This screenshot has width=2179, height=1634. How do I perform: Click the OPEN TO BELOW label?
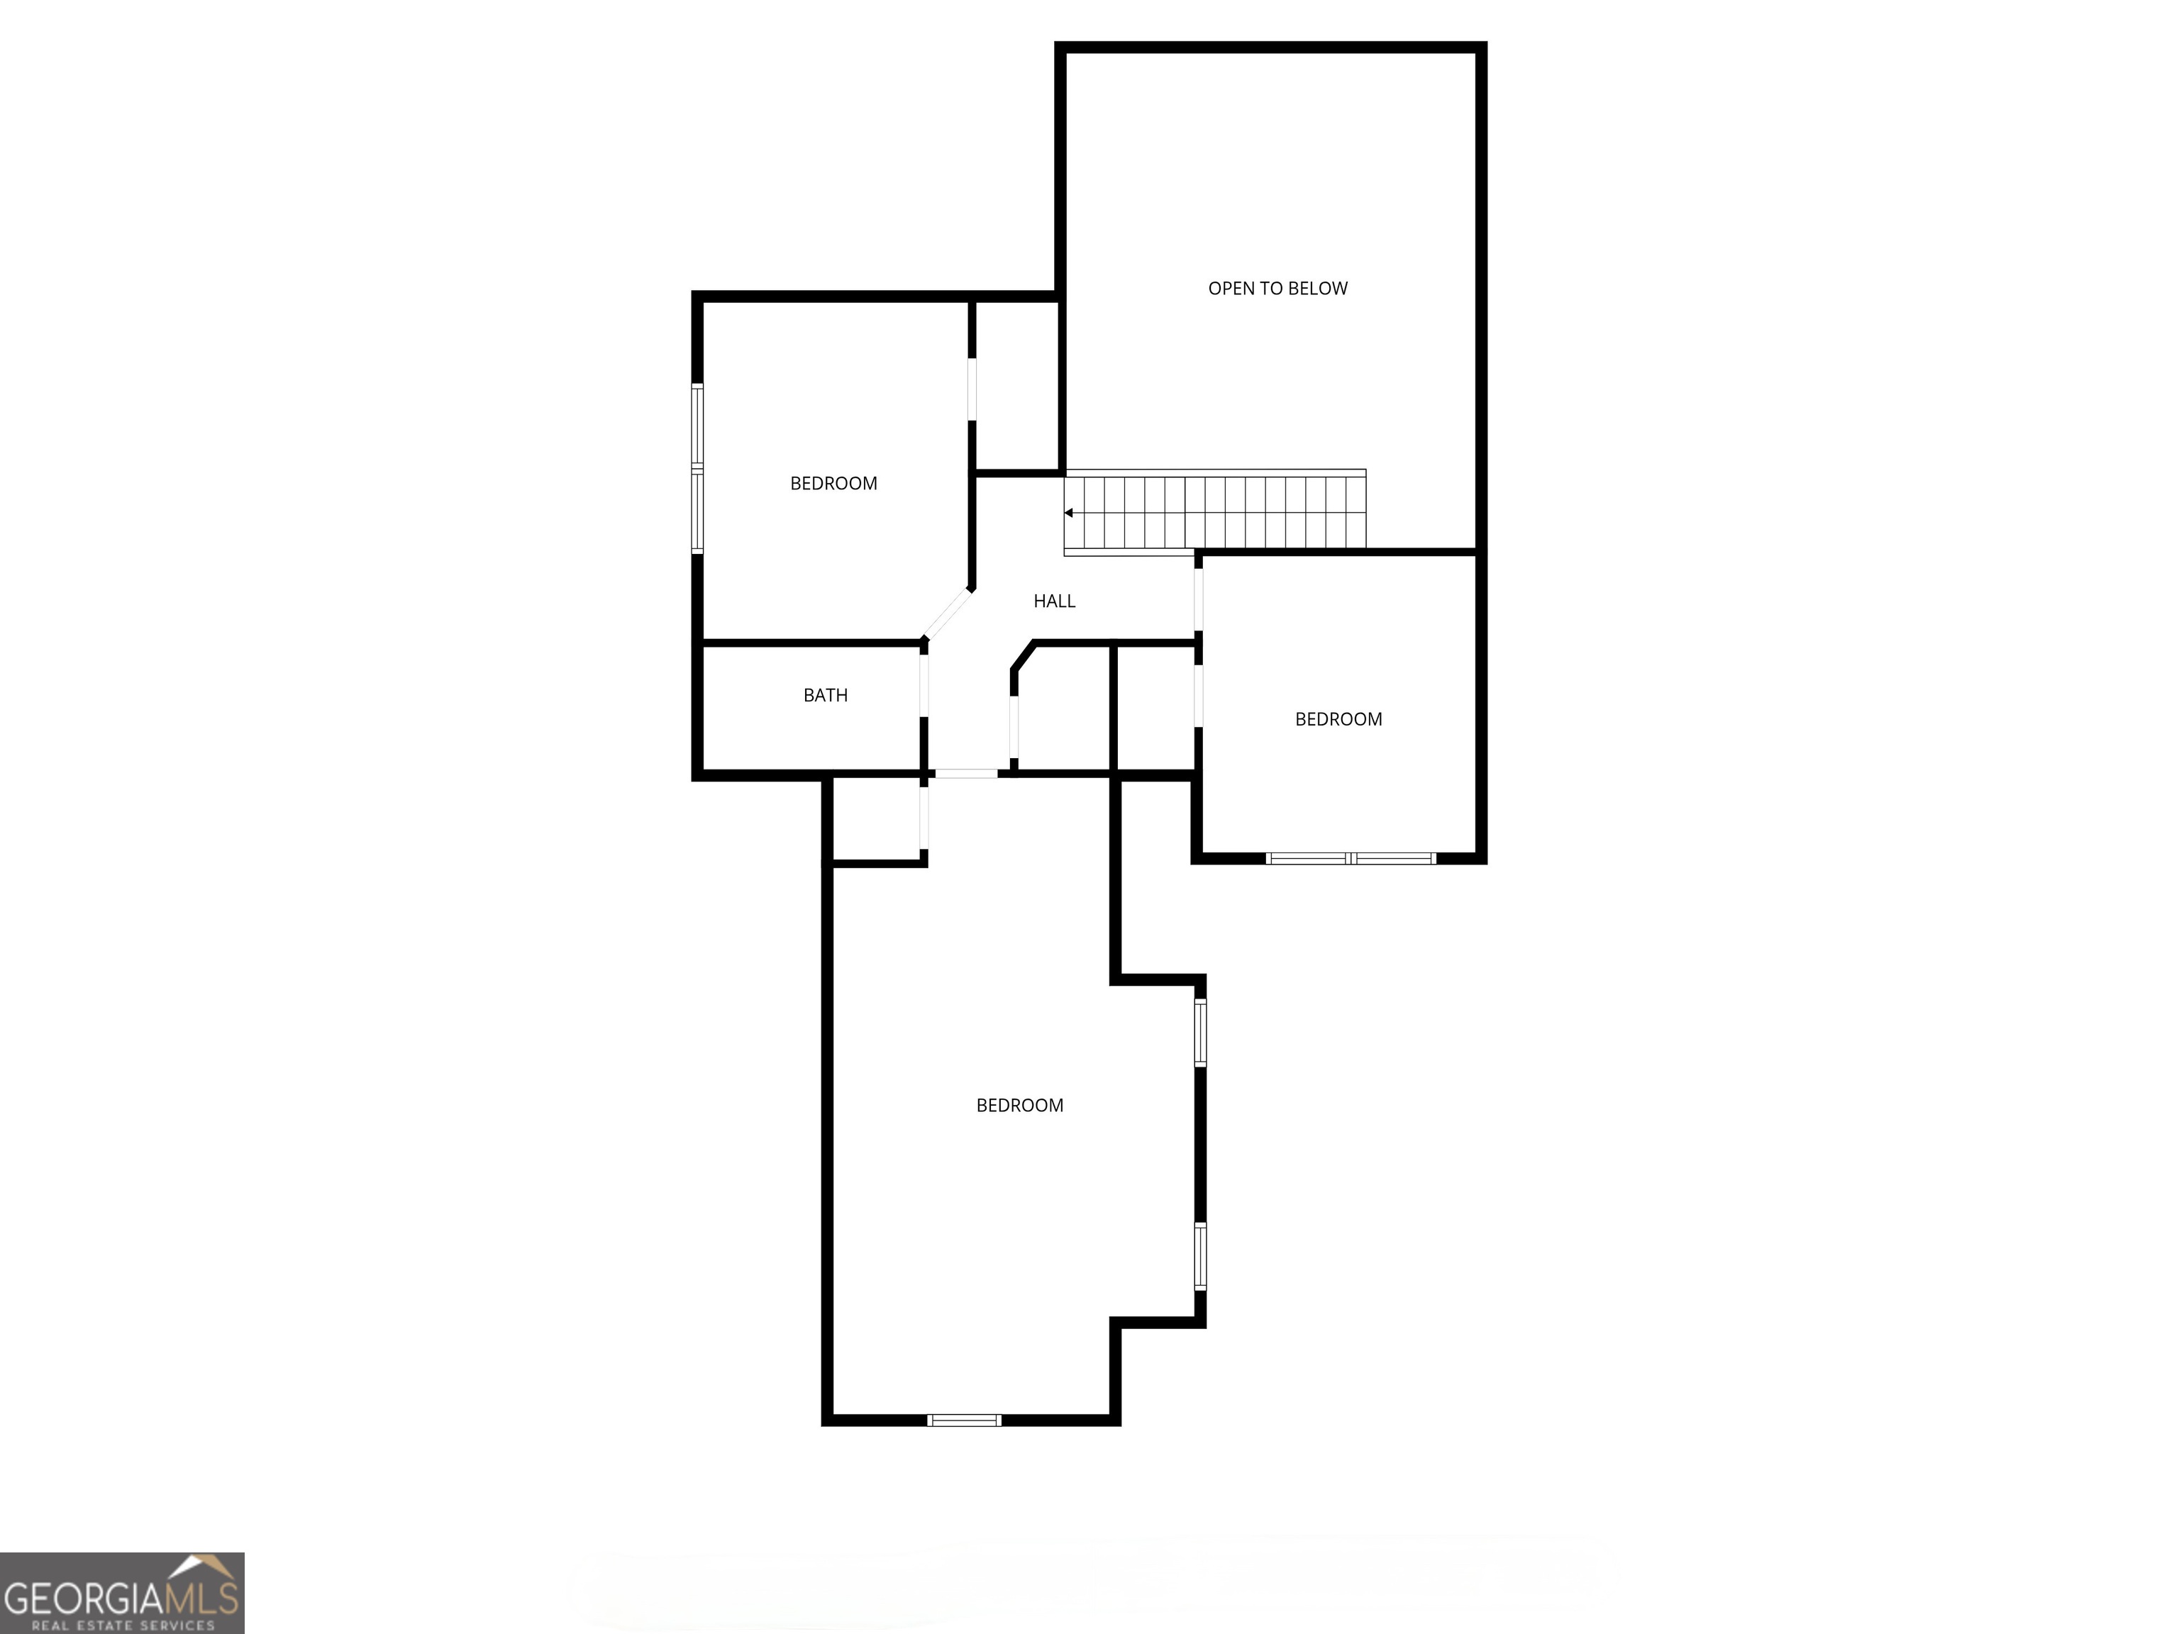click(x=1277, y=289)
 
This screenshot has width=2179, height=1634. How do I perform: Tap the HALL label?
click(x=1054, y=601)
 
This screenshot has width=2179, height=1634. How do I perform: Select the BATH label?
click(x=826, y=695)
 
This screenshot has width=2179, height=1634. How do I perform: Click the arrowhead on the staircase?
click(x=1069, y=513)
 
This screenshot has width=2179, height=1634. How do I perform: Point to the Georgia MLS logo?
click(x=121, y=1593)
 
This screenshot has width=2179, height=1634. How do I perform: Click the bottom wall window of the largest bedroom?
click(x=965, y=1421)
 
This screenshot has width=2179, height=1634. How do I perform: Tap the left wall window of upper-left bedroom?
click(x=697, y=469)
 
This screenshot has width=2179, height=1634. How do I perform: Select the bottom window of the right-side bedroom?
click(x=1351, y=859)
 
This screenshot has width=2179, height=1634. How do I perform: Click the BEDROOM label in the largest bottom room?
click(x=1019, y=1105)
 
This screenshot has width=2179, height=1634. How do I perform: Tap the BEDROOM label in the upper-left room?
click(x=833, y=484)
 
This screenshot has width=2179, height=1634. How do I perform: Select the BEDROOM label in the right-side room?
click(x=1338, y=719)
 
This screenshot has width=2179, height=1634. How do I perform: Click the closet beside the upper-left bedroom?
click(x=1016, y=386)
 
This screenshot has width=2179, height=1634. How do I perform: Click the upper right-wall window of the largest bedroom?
click(x=1200, y=1032)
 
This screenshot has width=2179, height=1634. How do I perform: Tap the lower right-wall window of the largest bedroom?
click(x=1200, y=1256)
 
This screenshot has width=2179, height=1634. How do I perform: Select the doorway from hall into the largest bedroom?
click(x=966, y=774)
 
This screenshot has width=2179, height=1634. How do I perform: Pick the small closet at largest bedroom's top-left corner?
click(x=877, y=819)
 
